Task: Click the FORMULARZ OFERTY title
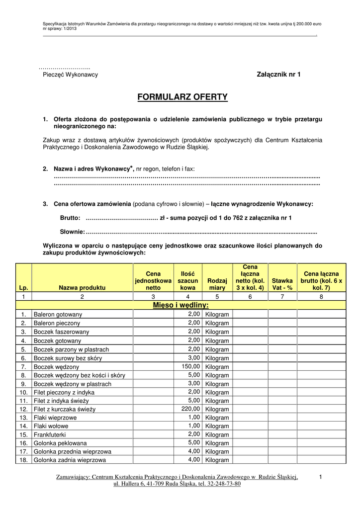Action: click(182, 97)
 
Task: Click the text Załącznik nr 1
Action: click(278, 75)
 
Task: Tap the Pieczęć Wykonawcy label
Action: click(70, 75)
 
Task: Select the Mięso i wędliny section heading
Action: click(180, 305)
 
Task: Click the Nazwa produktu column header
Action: click(82, 288)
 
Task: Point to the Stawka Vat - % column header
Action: click(282, 284)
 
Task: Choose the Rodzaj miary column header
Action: click(217, 284)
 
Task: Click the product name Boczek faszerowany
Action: click(62, 332)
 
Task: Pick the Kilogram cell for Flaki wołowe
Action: click(217, 426)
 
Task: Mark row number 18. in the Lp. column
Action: click(23, 460)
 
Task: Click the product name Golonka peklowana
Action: click(60, 443)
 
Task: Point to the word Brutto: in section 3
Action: click(70, 218)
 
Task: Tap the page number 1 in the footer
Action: click(321, 478)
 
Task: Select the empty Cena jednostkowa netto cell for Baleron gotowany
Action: click(153, 314)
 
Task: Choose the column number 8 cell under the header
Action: click(321, 297)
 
